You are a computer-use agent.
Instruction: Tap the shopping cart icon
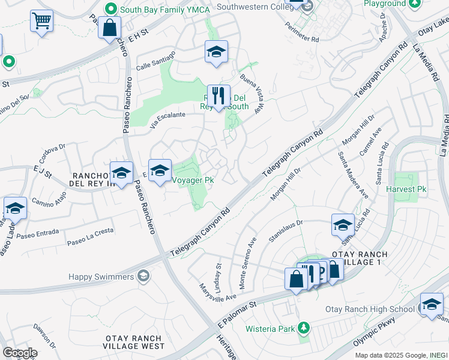(41, 21)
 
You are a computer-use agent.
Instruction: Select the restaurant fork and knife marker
(218, 95)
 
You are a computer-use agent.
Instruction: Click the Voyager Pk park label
(193, 179)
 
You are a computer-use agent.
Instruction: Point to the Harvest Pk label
(406, 189)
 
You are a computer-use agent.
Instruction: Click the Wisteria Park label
(270, 329)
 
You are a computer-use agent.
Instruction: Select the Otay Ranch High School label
(370, 309)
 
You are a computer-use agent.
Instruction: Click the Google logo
(20, 352)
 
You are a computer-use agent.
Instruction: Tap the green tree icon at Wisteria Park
(304, 328)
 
